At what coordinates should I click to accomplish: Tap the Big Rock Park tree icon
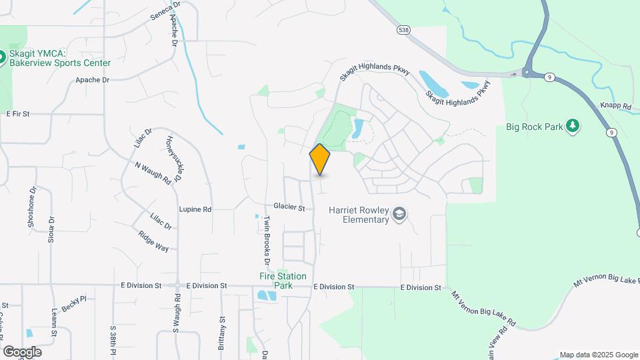[x=572, y=126]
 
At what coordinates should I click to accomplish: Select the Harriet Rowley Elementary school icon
[x=399, y=214]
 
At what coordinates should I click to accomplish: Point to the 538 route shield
[x=403, y=30]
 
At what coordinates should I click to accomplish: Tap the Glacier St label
[x=289, y=208]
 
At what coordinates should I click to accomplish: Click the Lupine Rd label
[x=195, y=209]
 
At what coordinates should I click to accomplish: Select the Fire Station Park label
[x=283, y=281]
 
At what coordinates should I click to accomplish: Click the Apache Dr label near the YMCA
[x=92, y=80]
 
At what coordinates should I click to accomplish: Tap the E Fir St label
[x=18, y=114]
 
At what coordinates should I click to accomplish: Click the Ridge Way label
[x=153, y=241]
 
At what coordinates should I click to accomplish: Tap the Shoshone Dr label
[x=31, y=207]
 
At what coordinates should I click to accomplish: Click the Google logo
[x=22, y=351]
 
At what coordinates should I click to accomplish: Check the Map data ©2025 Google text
[x=598, y=355]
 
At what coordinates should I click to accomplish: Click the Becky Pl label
[x=74, y=304]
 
